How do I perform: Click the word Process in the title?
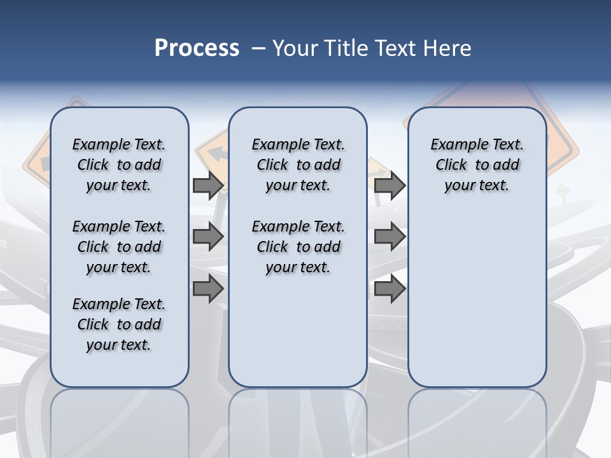[197, 48]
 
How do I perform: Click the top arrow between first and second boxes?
[208, 185]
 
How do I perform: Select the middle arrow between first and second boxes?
[208, 237]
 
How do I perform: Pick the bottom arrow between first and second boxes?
[208, 289]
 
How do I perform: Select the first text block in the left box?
[119, 165]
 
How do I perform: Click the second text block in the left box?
[119, 247]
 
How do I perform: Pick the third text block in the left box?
[119, 324]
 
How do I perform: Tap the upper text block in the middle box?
[298, 165]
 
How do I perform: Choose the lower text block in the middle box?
[298, 247]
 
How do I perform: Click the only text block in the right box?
[477, 165]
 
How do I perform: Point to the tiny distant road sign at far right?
[562, 190]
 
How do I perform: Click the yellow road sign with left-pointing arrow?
[213, 153]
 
